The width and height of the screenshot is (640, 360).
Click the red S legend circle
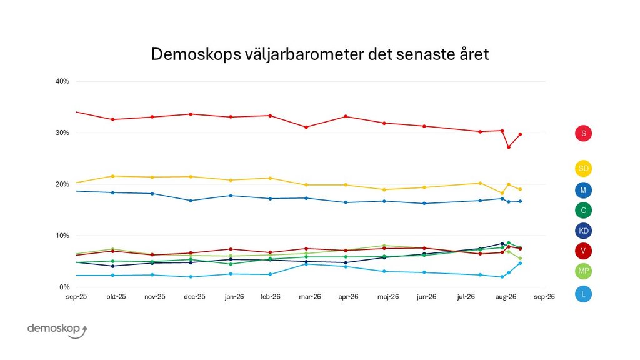[583, 133]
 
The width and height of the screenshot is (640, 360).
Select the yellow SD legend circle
[583, 169]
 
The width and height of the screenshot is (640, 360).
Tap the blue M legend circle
[583, 190]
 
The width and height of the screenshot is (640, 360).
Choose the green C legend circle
[583, 210]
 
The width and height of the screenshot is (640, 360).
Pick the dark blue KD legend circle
[583, 231]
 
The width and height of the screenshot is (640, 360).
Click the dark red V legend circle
[583, 251]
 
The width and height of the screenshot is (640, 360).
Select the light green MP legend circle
[583, 271]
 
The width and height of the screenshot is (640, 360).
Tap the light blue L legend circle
[583, 294]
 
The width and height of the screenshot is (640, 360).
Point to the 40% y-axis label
[62, 81]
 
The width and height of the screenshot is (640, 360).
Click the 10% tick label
[62, 236]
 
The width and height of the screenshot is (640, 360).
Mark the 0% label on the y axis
[64, 287]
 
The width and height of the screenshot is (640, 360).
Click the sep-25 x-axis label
[76, 297]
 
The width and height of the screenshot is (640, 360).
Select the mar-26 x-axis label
[310, 297]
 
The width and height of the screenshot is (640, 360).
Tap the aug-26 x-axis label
[506, 297]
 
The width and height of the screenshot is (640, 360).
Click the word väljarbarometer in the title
[304, 54]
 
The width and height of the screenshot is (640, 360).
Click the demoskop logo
[57, 330]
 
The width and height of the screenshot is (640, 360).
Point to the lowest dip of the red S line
[509, 147]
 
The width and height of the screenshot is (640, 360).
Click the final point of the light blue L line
[520, 263]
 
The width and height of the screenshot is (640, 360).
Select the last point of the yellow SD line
[520, 189]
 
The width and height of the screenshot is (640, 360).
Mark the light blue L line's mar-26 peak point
[306, 264]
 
